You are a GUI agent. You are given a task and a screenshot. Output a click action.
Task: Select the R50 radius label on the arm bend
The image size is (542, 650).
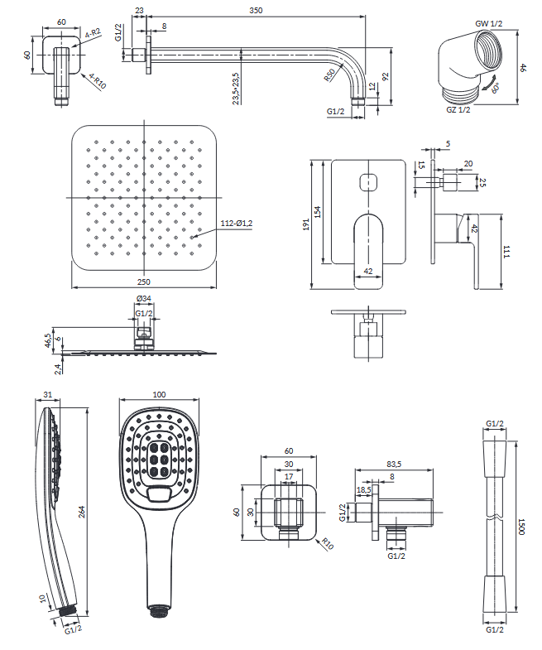(x=329, y=77)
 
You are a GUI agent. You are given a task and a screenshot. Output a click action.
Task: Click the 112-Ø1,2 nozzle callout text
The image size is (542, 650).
(x=237, y=224)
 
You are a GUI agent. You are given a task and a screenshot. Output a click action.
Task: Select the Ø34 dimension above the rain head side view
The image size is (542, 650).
(x=143, y=299)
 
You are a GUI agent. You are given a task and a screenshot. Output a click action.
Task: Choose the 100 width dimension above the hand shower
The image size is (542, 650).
(x=160, y=396)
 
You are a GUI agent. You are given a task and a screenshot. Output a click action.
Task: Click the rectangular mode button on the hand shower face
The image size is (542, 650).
(x=160, y=494)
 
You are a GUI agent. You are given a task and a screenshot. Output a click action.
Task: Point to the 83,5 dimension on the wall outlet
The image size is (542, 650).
(x=394, y=465)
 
